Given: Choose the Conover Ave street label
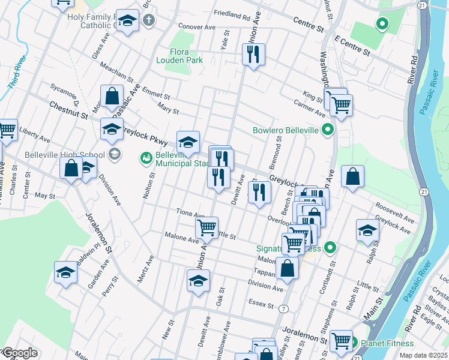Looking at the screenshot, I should coord(197,27).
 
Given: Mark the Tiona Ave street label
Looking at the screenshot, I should coord(191,212).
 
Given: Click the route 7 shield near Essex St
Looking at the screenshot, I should coord(282,308).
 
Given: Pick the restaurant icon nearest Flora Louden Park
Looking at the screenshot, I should coord(253,55).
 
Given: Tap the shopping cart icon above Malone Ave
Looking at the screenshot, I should coord(206,227).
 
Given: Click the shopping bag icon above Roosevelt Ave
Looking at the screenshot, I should coord(353,176).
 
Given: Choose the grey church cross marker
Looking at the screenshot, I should coord(149,20).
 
